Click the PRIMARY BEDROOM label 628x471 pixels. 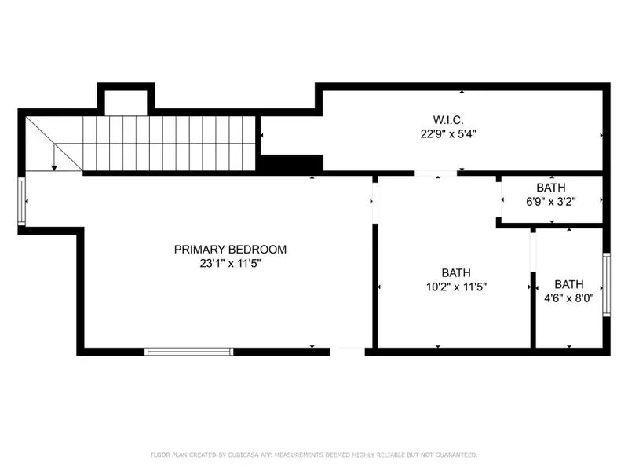coord(230,250)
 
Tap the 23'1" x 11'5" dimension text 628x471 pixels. coord(230,264)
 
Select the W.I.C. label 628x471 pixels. coord(447,120)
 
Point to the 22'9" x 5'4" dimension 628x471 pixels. coord(447,134)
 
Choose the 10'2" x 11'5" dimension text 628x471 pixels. coord(456,287)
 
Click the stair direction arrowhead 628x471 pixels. coord(53,166)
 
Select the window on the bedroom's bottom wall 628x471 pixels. coord(189,351)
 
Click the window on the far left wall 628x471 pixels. coord(22,202)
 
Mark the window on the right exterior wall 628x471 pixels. coord(605,285)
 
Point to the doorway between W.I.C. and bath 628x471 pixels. coord(436,173)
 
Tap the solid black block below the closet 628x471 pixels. coord(291,163)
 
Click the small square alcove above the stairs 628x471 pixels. coord(126,103)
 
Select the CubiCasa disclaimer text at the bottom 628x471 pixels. coord(313,455)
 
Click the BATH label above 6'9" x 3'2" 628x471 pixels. coord(551,188)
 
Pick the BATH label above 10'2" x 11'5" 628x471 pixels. coord(456,272)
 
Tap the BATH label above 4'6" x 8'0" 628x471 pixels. coord(569,284)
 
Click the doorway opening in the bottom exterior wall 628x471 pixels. coord(347,351)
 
